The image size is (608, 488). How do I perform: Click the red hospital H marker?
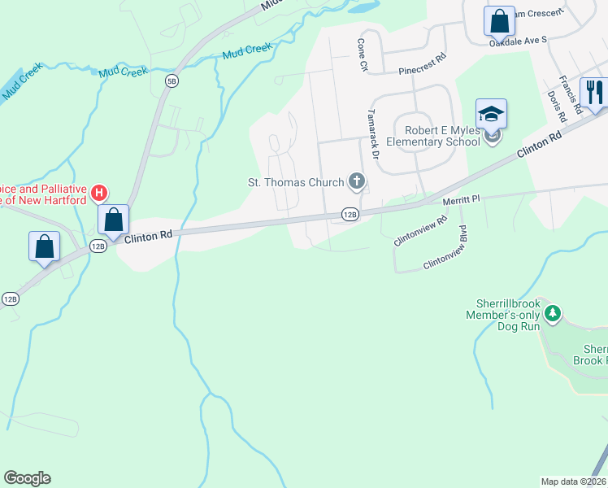tap(98, 193)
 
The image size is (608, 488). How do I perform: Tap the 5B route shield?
tap(172, 81)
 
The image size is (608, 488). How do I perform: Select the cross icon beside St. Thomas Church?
tap(355, 180)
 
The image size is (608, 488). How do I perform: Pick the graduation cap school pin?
tap(491, 115)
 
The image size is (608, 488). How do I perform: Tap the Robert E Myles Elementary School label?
tap(432, 136)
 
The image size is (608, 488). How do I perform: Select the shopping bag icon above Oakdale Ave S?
tap(499, 20)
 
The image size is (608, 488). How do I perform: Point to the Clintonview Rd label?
tap(421, 231)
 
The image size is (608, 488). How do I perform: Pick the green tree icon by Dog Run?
tap(553, 312)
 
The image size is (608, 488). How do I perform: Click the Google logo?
tap(27, 478)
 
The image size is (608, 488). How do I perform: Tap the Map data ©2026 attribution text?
tap(574, 481)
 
